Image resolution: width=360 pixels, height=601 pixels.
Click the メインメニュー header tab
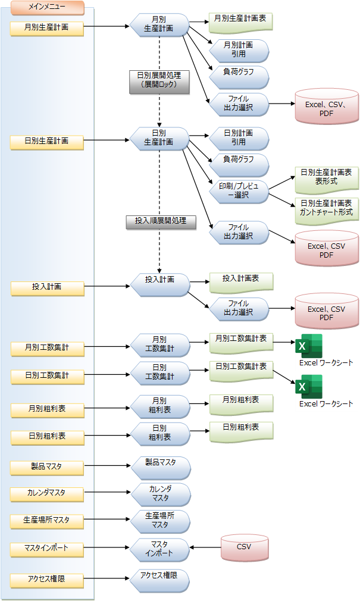click(x=47, y=8)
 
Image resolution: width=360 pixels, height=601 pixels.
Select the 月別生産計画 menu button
click(x=47, y=27)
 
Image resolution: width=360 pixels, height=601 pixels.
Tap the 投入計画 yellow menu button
click(x=47, y=287)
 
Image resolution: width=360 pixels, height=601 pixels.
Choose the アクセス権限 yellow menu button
click(x=47, y=578)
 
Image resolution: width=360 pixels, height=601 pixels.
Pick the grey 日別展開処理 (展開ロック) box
click(x=159, y=82)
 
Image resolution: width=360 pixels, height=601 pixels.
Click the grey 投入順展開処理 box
click(x=161, y=221)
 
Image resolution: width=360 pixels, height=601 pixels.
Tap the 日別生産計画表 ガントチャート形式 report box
click(x=327, y=208)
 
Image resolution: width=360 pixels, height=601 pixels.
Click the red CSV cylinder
click(x=244, y=548)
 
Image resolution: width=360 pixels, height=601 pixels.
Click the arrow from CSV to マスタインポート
click(x=205, y=548)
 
